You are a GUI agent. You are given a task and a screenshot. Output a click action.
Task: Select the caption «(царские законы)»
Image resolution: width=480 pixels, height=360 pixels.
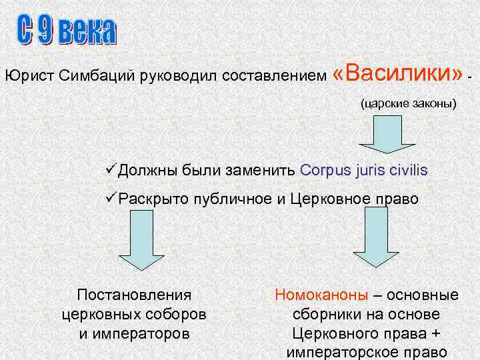tap(408, 104)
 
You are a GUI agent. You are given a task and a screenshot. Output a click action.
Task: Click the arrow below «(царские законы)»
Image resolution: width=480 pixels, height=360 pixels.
tap(381, 136)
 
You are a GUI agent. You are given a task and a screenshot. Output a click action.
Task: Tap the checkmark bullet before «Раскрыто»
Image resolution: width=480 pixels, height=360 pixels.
tap(111, 198)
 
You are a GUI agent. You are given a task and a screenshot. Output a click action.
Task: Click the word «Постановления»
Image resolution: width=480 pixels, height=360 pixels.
tap(134, 295)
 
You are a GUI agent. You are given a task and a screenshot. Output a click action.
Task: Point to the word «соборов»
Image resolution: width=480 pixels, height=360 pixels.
tap(179, 313)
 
